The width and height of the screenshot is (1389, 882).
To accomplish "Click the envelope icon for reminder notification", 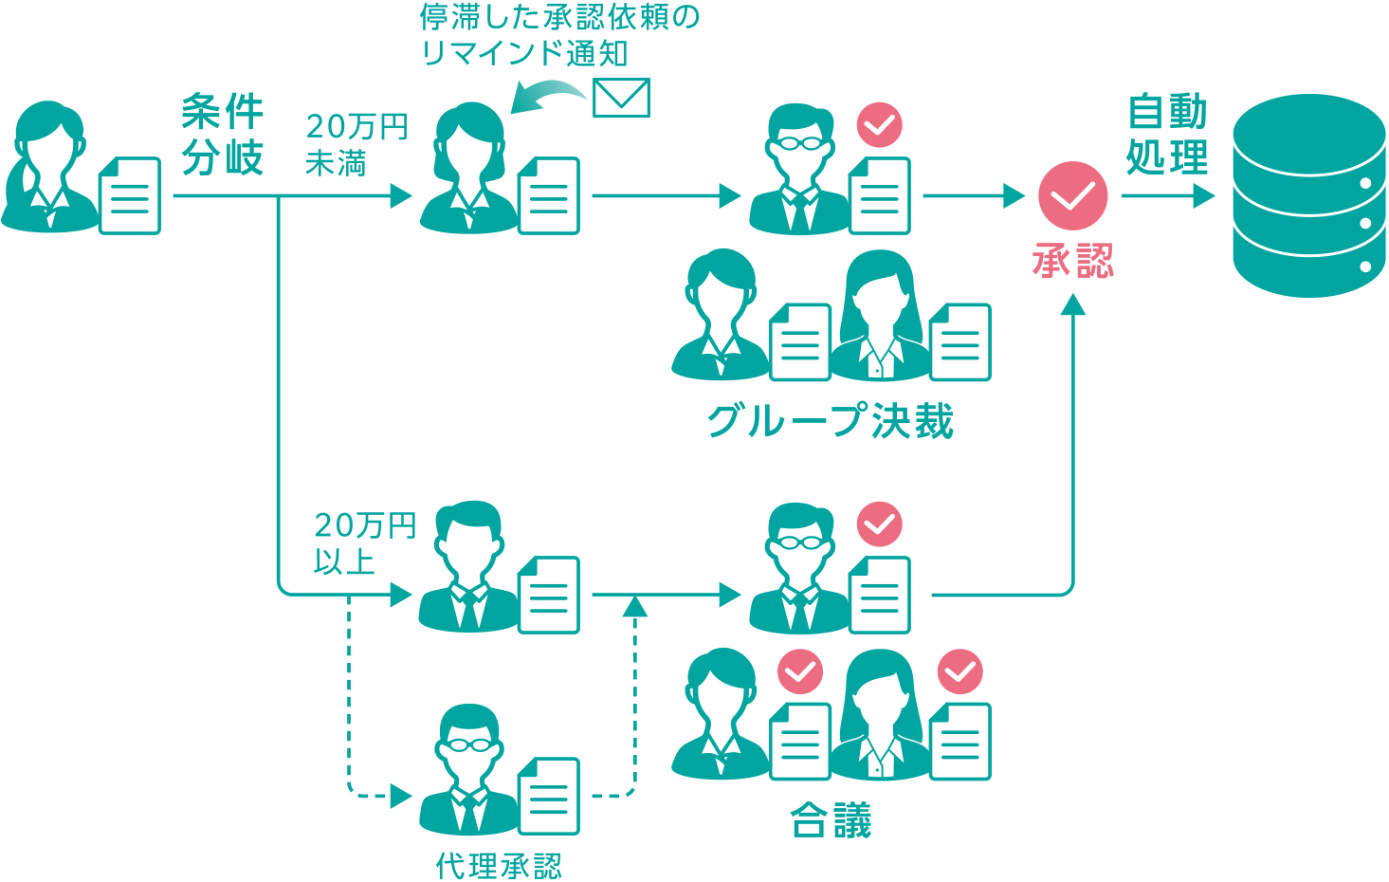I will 621,98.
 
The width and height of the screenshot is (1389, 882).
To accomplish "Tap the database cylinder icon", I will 1308,196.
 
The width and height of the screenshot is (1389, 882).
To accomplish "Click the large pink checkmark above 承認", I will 1072,196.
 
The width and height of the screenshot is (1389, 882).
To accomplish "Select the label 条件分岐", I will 222,136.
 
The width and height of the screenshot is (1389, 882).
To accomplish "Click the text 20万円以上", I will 364,543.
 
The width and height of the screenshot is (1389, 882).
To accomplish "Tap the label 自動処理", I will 1167,135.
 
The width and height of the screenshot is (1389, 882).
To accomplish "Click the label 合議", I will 831,821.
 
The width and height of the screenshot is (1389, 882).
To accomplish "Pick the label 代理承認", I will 499,865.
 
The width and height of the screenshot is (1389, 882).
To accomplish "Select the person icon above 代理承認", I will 469,768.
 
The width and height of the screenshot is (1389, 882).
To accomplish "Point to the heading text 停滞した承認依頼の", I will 559,17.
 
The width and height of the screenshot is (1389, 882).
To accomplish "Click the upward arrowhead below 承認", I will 1072,305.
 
